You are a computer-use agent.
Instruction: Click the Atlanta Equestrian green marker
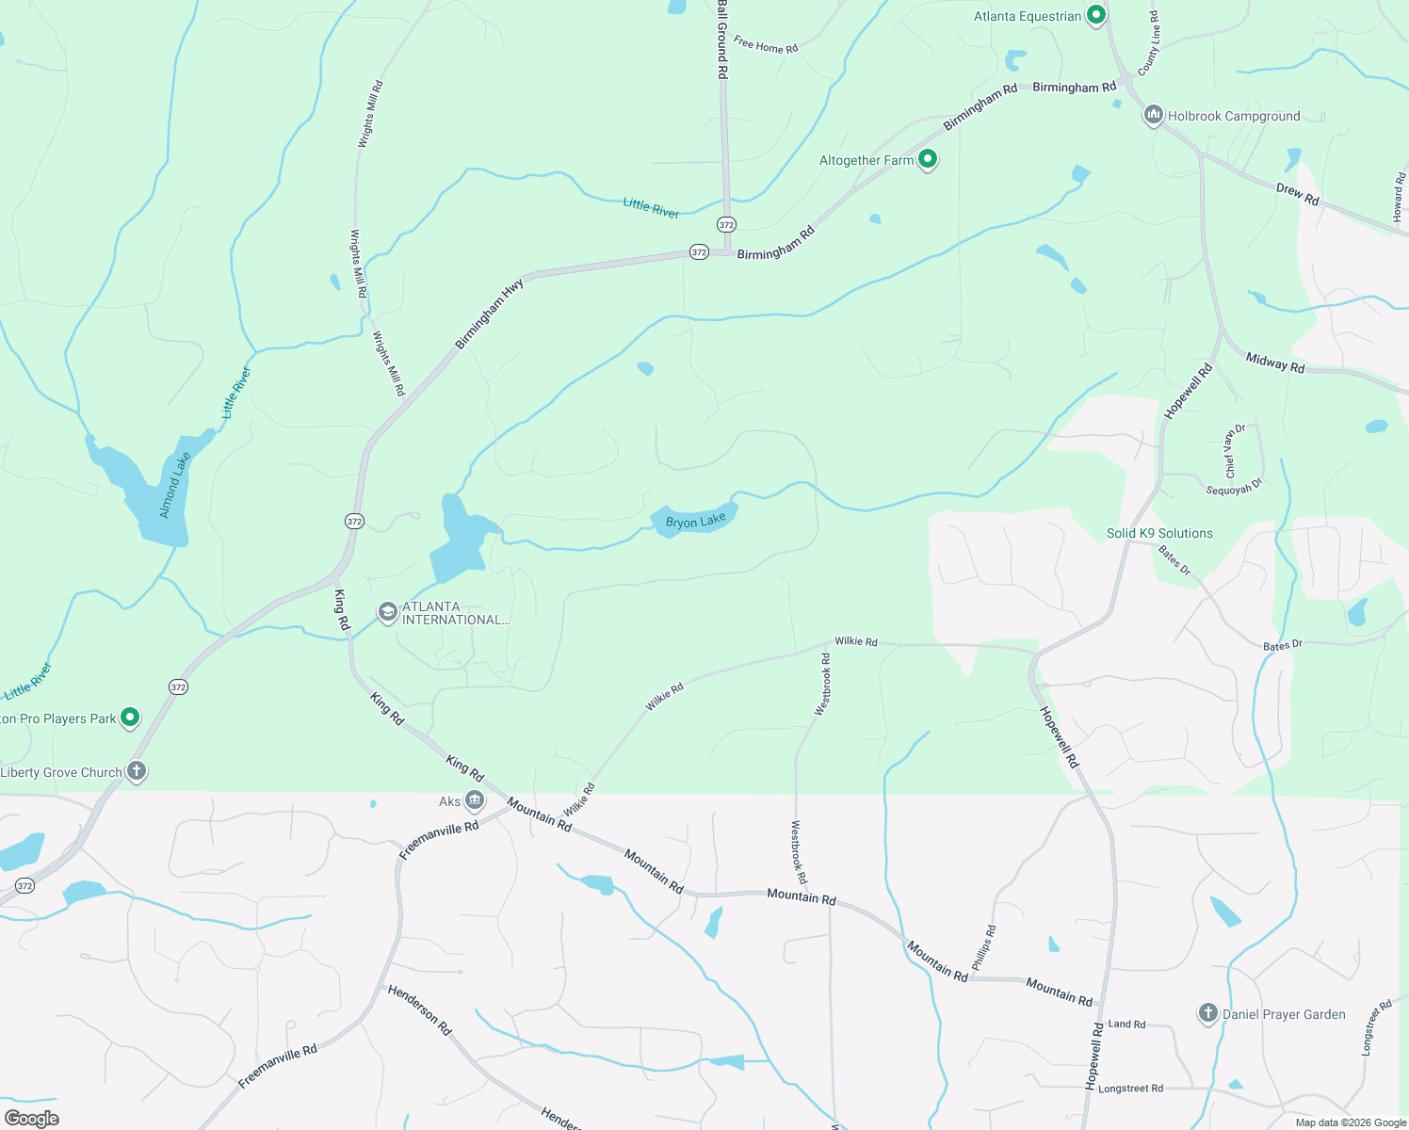tap(1095, 16)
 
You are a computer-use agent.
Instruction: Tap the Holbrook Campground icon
tap(1154, 116)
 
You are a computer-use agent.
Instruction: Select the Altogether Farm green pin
tap(928, 160)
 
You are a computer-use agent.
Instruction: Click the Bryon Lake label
tap(696, 522)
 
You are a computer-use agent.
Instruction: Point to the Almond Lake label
tap(175, 485)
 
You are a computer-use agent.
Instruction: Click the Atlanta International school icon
tap(387, 613)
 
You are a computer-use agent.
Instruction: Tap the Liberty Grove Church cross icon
tap(137, 772)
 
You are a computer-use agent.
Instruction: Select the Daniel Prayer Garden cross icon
tap(1208, 1014)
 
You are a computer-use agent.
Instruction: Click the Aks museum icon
tap(475, 801)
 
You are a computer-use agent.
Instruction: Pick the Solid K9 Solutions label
tap(1159, 533)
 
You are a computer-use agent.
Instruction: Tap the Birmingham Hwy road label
tap(489, 315)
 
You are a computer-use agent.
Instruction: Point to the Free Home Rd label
tap(766, 45)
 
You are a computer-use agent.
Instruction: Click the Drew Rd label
tap(1297, 194)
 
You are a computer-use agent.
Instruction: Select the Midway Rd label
tap(1275, 363)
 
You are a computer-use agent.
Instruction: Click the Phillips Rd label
tap(983, 948)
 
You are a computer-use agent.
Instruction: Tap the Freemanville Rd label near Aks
tap(439, 840)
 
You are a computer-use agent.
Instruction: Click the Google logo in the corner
tap(32, 1119)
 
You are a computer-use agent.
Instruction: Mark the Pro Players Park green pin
tap(131, 718)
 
